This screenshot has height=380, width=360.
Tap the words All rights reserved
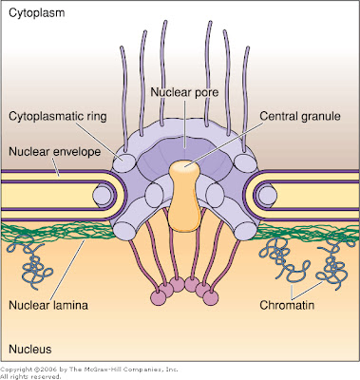(36, 375)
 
